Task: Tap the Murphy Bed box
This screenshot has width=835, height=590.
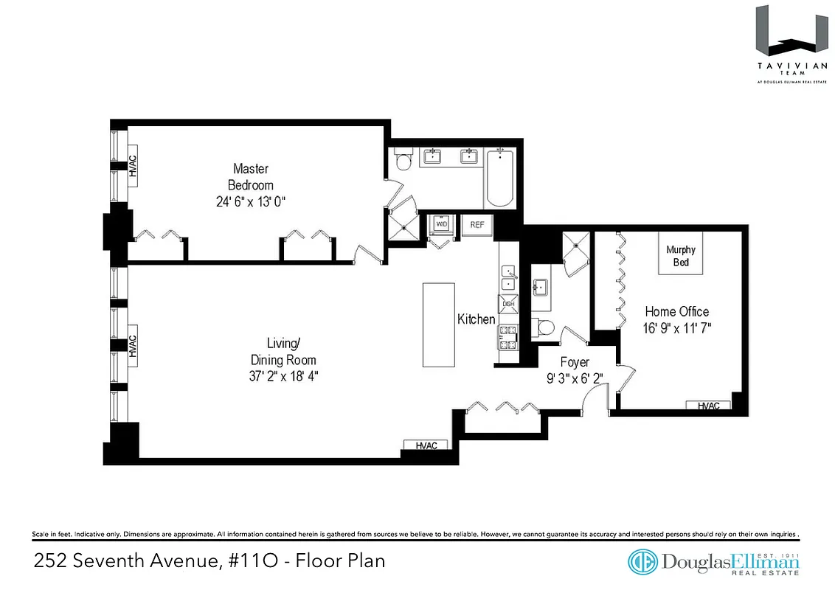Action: point(680,254)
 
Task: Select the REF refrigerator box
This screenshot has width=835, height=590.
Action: point(477,224)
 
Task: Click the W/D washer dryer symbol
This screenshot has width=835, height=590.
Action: point(441,223)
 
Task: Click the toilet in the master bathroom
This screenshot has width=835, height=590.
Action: point(403,160)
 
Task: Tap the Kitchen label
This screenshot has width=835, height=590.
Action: point(477,319)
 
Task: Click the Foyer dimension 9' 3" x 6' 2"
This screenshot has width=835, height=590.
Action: point(574,378)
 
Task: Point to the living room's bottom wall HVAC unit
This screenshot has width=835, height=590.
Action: point(426,445)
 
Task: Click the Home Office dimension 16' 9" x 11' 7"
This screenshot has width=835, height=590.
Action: point(677,326)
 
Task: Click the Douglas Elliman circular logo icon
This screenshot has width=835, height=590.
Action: point(642,561)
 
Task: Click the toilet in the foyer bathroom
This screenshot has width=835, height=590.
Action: point(545,327)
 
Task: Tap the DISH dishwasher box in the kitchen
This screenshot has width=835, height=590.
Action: point(508,303)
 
